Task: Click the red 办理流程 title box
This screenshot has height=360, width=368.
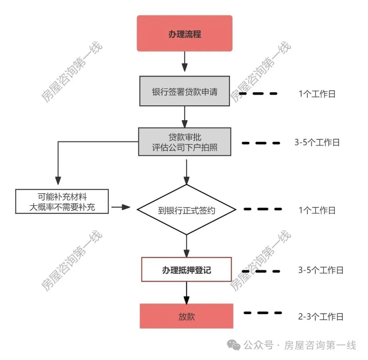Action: [x=184, y=33]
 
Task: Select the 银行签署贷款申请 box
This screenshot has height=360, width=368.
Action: [x=184, y=91]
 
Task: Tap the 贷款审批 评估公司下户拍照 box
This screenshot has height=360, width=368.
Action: [x=184, y=142]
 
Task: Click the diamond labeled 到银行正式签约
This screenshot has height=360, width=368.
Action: [x=186, y=210]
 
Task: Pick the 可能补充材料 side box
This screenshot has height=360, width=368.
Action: [x=62, y=201]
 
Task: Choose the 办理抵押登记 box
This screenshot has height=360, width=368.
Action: [x=186, y=270]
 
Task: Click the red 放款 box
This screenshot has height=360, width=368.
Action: [x=186, y=316]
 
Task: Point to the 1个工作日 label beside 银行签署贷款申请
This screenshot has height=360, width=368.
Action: [x=317, y=94]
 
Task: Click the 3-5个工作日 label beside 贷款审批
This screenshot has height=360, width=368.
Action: [x=317, y=142]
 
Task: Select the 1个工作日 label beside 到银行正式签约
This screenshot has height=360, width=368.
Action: [x=317, y=210]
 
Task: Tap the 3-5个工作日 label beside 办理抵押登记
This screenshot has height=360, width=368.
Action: [x=321, y=270]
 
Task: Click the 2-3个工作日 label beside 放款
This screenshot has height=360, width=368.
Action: [x=321, y=317]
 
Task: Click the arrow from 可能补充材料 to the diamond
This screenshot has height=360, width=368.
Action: [x=121, y=207]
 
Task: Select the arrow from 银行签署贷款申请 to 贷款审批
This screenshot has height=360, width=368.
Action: [x=184, y=117]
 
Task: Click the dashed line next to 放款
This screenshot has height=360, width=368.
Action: [x=263, y=313]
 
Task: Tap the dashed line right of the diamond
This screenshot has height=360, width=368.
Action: [x=263, y=209]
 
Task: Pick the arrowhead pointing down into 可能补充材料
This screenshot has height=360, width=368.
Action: [x=58, y=181]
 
